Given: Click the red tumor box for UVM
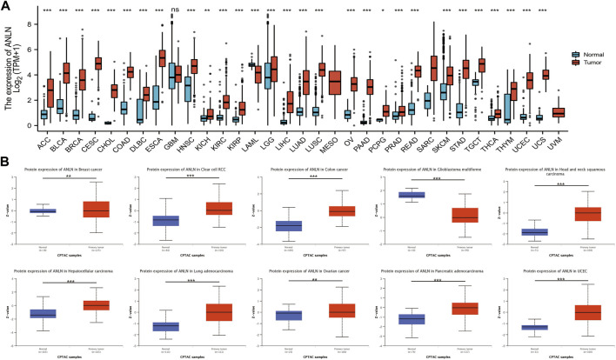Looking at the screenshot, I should [x=559, y=112].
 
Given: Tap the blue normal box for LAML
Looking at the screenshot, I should [x=251, y=64].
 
